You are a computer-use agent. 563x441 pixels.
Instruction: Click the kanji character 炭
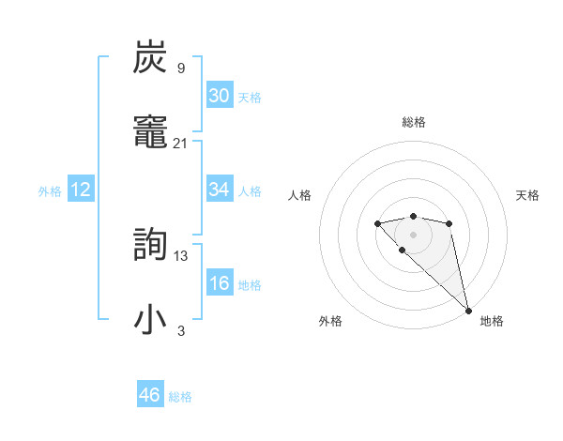click(x=151, y=57)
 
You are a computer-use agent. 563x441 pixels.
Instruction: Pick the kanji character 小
click(x=151, y=319)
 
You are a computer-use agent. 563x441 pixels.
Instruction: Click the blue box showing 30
click(x=220, y=96)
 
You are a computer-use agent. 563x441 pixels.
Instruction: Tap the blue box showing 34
click(x=220, y=190)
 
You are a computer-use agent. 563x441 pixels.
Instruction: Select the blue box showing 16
click(x=220, y=283)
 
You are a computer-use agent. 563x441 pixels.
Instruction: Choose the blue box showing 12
click(x=81, y=190)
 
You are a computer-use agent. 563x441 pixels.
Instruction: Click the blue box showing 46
click(x=150, y=395)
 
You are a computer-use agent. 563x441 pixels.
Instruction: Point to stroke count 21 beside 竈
click(x=180, y=143)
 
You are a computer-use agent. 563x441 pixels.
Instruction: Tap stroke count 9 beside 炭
click(x=181, y=68)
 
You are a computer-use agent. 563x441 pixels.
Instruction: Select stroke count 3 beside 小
click(x=181, y=330)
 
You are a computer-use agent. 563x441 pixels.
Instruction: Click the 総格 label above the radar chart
click(x=413, y=122)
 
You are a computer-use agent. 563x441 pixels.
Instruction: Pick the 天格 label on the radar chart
click(x=528, y=195)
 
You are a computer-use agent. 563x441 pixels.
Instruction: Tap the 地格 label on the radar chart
click(x=492, y=321)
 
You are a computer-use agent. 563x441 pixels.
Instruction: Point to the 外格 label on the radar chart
click(x=330, y=321)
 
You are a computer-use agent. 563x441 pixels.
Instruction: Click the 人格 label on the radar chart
click(x=300, y=195)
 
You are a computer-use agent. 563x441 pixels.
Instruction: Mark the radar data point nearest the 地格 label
click(x=468, y=311)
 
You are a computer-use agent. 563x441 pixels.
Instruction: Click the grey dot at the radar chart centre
click(x=413, y=235)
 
